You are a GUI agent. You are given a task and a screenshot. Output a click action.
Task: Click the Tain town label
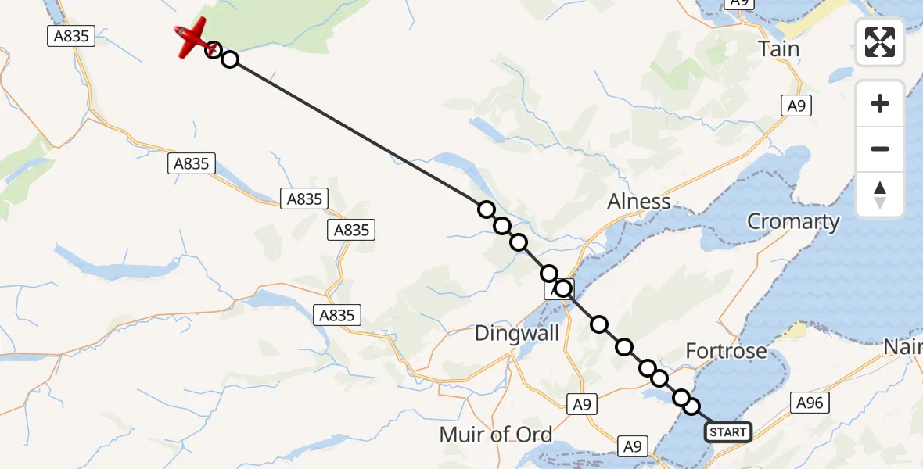click(779, 49)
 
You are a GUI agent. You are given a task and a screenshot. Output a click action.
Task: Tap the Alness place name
click(639, 202)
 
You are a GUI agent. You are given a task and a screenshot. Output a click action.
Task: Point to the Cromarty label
click(793, 221)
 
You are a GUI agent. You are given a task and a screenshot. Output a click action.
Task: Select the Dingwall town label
click(517, 334)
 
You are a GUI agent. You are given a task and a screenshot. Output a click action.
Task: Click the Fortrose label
click(726, 351)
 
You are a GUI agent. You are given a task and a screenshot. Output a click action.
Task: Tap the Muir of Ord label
click(496, 435)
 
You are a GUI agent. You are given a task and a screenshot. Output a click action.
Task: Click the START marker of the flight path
click(728, 431)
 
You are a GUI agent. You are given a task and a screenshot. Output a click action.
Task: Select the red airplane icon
click(192, 39)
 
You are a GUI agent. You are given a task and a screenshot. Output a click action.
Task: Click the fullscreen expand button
click(880, 42)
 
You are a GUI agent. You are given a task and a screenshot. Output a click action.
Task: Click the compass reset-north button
click(880, 195)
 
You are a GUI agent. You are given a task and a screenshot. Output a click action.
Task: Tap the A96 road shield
click(810, 403)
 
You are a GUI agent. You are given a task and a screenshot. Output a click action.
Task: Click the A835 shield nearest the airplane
click(70, 36)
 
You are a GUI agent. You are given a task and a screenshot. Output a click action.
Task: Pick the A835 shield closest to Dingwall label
click(337, 315)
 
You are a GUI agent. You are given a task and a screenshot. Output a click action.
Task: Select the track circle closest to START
click(691, 406)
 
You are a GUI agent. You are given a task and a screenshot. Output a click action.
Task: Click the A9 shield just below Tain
click(796, 106)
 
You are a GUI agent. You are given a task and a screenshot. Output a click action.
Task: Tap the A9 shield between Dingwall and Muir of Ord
click(580, 404)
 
